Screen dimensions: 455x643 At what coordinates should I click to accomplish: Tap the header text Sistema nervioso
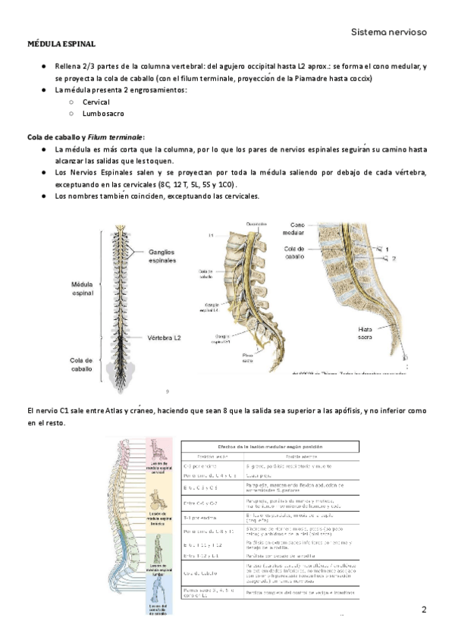(389, 32)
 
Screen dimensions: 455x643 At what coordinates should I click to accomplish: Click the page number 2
(424, 610)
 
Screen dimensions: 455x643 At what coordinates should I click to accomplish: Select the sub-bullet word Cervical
(96, 102)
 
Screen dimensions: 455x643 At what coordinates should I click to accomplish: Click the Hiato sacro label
(370, 334)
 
